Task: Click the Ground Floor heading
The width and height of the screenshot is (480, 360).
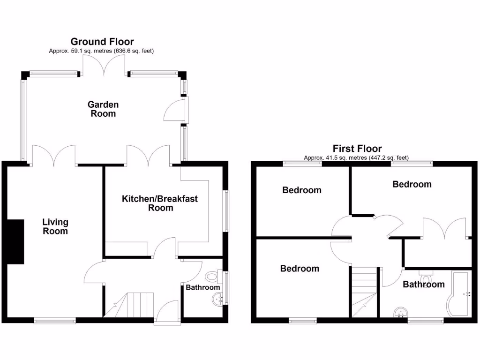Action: point(102,42)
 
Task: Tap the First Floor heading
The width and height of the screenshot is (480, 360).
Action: point(357,149)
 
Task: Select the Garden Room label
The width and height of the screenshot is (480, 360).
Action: point(103,109)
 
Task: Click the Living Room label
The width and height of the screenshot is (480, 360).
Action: point(55,226)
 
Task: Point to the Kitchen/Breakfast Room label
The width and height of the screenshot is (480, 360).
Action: point(160,203)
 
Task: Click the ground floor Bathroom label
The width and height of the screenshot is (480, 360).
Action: point(202,287)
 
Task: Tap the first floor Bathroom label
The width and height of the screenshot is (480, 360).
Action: point(424,284)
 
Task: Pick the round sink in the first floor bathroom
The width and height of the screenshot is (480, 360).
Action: point(400,312)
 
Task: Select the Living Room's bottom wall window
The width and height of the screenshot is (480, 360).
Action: point(55,321)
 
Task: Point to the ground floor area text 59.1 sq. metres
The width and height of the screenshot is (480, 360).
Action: point(101,51)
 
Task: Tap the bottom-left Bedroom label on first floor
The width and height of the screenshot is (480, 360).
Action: point(300,269)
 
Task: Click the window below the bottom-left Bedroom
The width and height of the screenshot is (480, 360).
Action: point(302,321)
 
